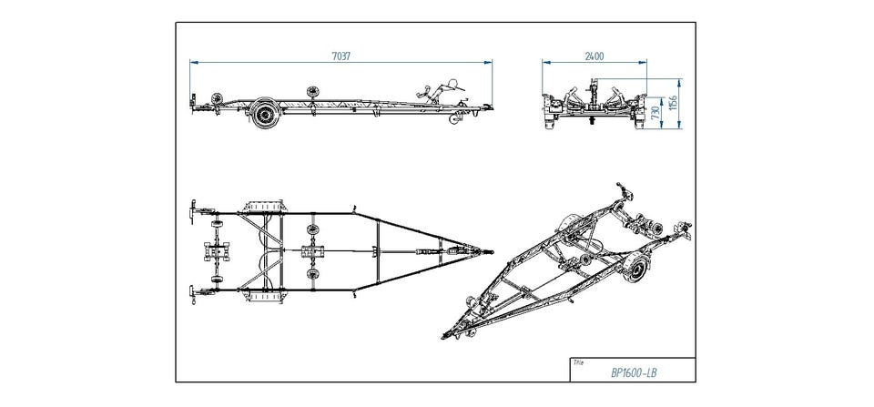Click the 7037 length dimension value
click(341, 56)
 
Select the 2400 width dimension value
click(594, 56)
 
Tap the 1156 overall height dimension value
click(673, 105)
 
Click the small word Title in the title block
click(577, 361)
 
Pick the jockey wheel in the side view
click(453, 120)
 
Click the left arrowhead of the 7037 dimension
click(193, 62)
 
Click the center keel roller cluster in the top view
click(313, 249)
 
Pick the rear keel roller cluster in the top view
click(218, 249)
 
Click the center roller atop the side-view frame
click(314, 92)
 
